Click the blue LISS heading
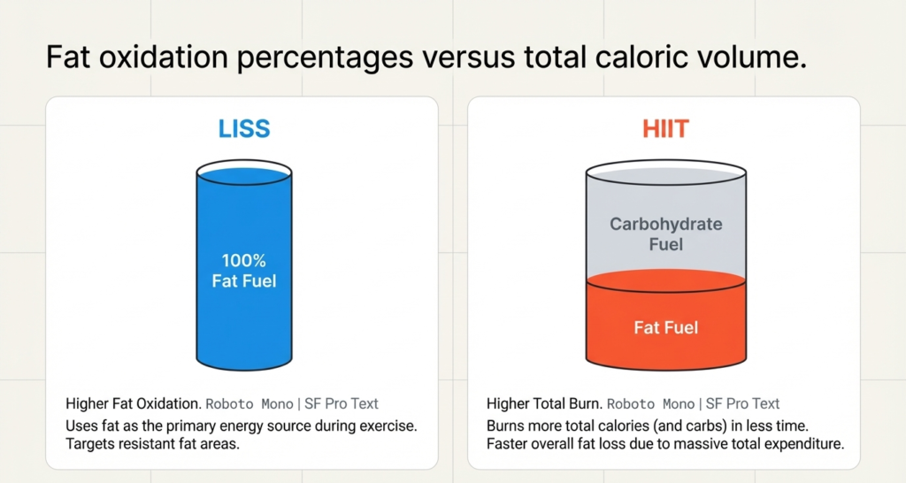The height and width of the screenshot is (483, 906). [x=243, y=128]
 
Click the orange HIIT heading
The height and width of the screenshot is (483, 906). [x=664, y=129]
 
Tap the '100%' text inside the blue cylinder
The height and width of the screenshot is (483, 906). [x=243, y=261]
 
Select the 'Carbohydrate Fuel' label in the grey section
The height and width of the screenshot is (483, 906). [x=665, y=234]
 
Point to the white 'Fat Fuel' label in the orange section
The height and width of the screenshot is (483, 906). [x=665, y=327]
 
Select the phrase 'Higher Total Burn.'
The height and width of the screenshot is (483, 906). [x=543, y=403]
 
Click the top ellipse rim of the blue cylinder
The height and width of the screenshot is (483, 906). [x=243, y=169]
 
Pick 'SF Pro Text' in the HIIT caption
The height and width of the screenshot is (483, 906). [x=741, y=403]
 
